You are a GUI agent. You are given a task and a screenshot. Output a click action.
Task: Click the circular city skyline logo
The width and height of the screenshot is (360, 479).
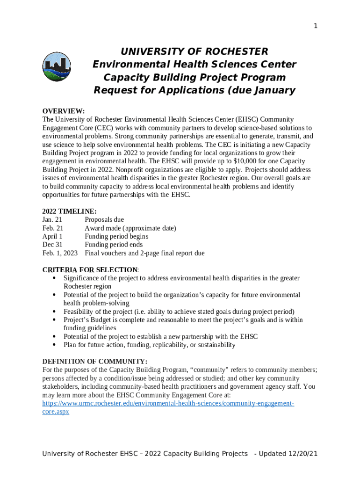click(x=57, y=67)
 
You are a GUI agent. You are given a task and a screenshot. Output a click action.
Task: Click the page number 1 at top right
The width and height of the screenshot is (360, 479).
click(x=316, y=26)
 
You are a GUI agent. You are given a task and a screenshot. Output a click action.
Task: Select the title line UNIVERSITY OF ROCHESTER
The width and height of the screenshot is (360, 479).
click(x=194, y=51)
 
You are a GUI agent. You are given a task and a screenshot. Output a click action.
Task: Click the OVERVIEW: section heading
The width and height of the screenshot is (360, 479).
click(x=64, y=111)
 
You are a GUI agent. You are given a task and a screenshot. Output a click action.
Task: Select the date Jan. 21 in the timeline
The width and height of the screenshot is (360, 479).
click(x=52, y=220)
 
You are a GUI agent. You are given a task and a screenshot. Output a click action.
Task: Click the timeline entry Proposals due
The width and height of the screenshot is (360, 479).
click(x=104, y=220)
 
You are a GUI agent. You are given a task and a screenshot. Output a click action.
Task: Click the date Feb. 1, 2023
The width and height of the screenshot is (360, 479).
click(x=60, y=254)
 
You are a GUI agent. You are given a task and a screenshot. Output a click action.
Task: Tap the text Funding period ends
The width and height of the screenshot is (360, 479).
click(x=114, y=245)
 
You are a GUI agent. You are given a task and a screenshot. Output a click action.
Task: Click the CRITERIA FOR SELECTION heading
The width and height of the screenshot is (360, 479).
click(x=90, y=270)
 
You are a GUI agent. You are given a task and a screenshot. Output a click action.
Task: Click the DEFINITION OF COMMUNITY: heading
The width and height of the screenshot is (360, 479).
click(x=95, y=362)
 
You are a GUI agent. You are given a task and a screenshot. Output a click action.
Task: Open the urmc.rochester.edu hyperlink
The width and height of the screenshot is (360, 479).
click(x=168, y=404)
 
